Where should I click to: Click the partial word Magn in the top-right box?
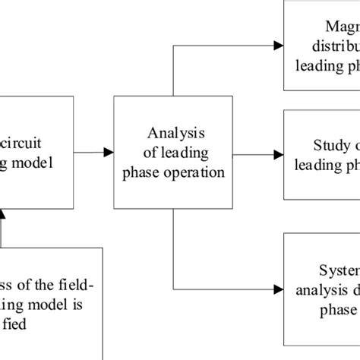point(341,27)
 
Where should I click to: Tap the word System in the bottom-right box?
point(338,271)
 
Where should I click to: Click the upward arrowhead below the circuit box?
point(2,219)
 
